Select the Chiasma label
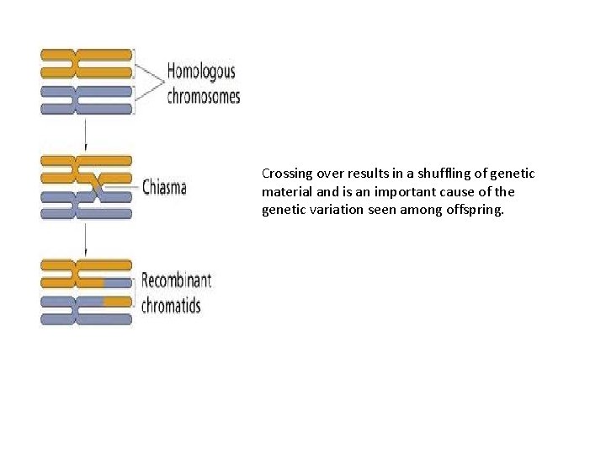164,186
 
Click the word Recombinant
176,280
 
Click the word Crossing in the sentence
287,174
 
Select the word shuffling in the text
435,174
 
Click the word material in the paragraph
285,192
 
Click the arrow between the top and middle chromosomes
86,134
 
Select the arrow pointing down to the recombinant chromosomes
86,241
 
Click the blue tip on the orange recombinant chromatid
117,282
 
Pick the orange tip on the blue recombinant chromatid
117,300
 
